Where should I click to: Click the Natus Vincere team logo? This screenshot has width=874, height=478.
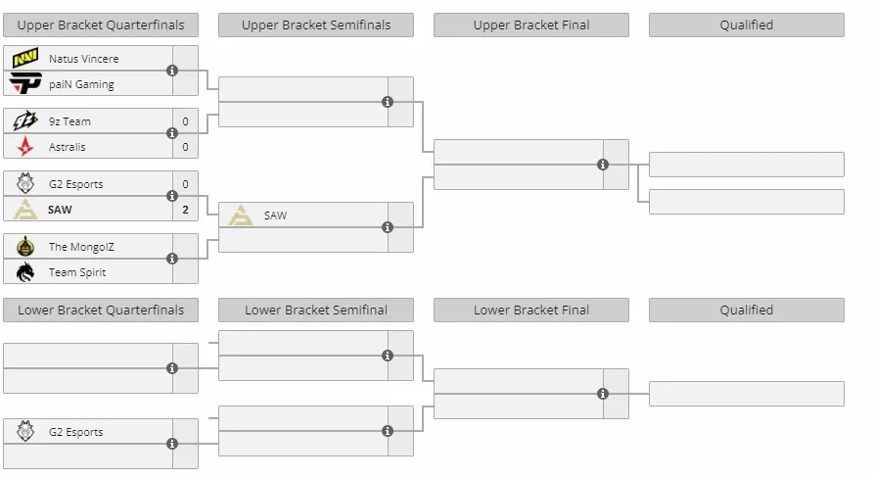(25, 58)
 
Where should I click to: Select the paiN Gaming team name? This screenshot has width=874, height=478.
(81, 84)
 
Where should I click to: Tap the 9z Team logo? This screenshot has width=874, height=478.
(25, 120)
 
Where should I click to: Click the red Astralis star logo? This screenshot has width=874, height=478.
(25, 147)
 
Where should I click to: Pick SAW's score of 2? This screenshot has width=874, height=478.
(186, 210)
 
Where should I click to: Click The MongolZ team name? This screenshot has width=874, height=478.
(81, 247)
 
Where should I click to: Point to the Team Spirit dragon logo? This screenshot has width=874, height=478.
(25, 272)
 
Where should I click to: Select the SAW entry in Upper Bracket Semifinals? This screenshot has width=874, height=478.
(275, 215)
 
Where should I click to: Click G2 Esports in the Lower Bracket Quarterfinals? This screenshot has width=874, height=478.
(75, 432)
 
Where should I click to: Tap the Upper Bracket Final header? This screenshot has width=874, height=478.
(531, 25)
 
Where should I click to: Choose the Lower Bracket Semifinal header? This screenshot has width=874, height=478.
(316, 311)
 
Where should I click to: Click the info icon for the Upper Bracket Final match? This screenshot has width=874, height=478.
(603, 165)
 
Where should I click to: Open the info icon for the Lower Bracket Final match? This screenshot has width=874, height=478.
(603, 394)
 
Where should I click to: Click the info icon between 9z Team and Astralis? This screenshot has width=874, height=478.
(172, 133)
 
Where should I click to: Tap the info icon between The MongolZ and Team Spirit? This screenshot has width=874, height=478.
(172, 259)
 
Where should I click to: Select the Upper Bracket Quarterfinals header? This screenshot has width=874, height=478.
(101, 25)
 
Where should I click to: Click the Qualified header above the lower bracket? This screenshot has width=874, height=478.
(747, 311)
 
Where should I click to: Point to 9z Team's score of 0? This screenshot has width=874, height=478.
(186, 121)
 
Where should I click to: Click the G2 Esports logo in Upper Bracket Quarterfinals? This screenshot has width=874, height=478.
(25, 183)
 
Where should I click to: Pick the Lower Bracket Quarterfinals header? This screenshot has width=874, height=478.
(101, 311)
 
